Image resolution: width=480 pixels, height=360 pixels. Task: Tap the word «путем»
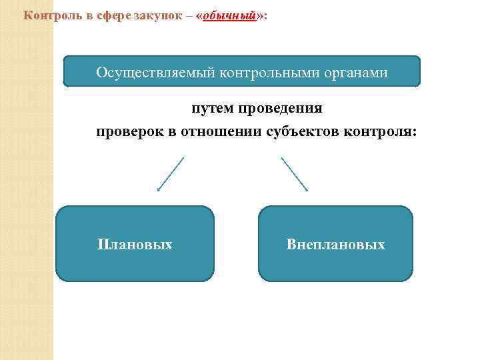210,108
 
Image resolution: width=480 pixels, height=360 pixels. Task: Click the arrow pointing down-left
170,174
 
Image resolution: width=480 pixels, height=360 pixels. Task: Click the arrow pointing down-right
294,174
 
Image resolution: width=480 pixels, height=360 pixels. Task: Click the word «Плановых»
135,245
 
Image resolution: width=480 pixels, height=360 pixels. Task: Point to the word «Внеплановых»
335,245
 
